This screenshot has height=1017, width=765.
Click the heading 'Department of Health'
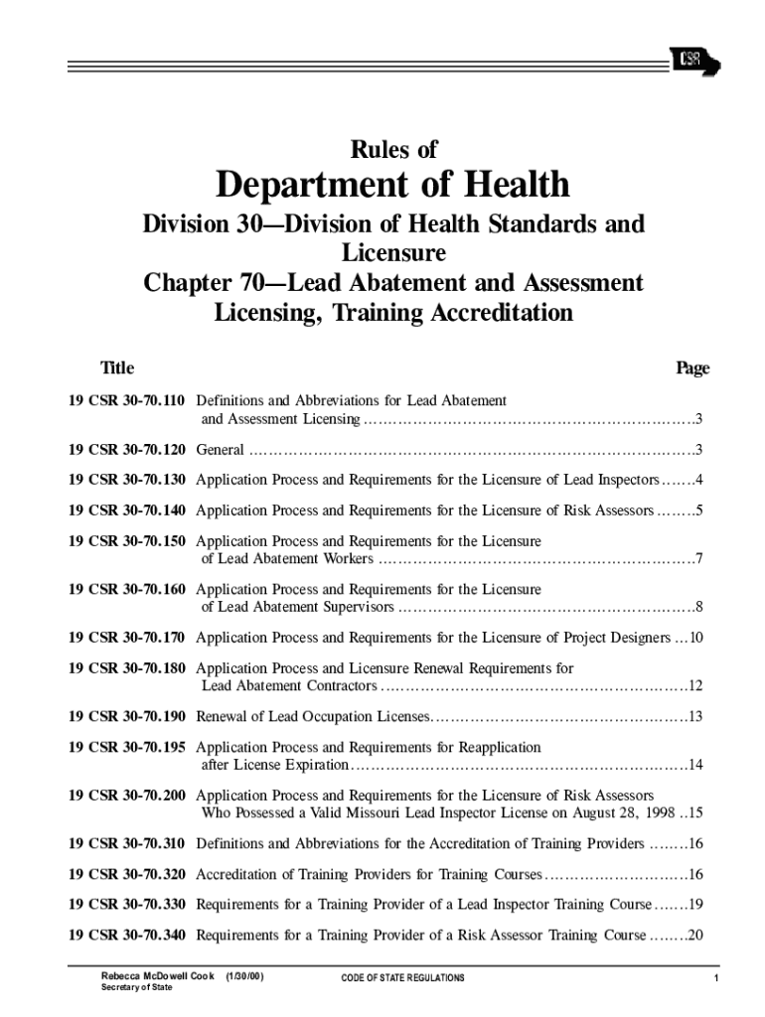pos(393,185)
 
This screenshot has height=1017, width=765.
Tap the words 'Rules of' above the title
pos(393,150)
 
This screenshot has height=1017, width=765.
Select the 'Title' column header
pos(117,368)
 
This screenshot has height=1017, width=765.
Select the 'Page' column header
pos(692,368)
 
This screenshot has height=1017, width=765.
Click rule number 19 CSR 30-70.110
pos(126,401)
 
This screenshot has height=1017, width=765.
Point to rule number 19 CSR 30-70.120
pos(126,450)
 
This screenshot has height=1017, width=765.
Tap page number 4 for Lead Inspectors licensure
pos(699,481)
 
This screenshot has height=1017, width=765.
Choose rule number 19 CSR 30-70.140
pos(126,511)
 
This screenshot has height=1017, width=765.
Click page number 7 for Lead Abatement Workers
pos(699,558)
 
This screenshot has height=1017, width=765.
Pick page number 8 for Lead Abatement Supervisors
pos(699,607)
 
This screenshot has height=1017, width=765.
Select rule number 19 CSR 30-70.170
pos(126,637)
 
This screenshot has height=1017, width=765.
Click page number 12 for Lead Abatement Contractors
pos(695,686)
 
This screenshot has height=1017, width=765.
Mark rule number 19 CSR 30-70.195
pos(126,747)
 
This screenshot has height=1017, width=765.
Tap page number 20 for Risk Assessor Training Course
pos(695,935)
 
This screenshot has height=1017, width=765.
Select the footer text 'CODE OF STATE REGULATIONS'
pos(402,978)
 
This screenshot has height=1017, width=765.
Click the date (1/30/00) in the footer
pos(244,977)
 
